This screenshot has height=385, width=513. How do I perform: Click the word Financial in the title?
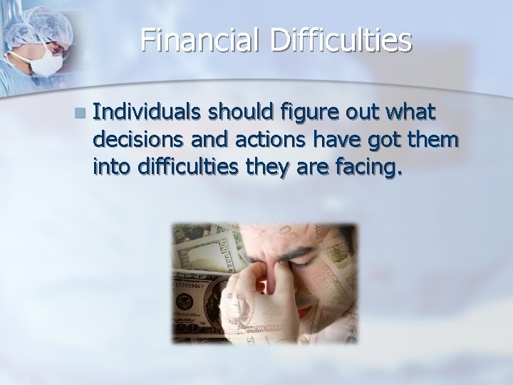203,40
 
